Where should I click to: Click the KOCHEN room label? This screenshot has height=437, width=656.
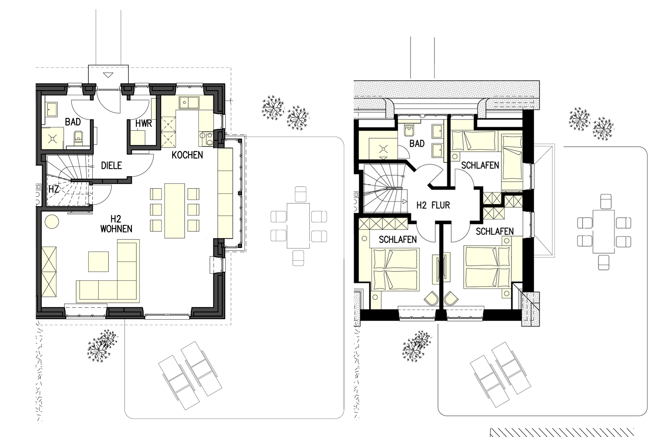187,155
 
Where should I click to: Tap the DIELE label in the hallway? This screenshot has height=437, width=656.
112,166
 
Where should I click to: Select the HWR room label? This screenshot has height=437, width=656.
144,124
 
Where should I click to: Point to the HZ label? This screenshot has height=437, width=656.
53,189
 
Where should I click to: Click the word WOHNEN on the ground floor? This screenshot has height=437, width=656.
116,229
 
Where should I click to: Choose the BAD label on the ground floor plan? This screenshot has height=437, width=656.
73,122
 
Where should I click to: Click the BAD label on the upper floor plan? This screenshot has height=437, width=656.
417,144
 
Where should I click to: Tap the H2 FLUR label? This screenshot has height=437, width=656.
433,206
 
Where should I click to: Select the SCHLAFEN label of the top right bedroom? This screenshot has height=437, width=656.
480,165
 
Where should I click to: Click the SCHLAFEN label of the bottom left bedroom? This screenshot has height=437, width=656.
398,240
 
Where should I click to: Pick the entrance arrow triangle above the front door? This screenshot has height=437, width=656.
107,75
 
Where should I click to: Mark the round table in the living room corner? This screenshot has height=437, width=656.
52,221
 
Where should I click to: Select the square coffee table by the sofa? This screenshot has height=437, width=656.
98,262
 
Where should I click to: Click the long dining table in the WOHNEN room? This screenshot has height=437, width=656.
175,211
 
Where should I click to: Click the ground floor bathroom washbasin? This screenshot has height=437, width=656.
52,109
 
